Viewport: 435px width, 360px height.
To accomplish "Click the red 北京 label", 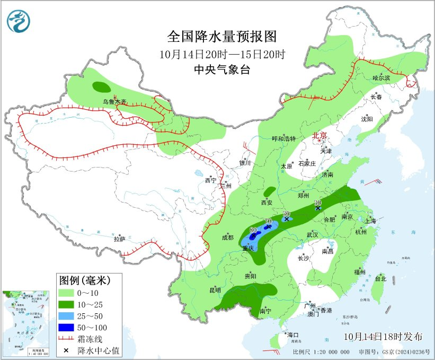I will (x=321, y=135).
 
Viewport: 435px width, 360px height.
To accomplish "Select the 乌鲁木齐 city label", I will (x=115, y=101).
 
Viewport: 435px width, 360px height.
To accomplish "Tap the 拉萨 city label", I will (x=119, y=239).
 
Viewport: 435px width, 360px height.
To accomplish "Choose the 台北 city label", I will (x=380, y=278).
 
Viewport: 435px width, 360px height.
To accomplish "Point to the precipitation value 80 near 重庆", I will (x=253, y=230).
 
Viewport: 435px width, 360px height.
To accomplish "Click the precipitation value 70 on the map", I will (x=268, y=221).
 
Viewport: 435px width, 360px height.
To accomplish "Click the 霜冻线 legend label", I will (x=92, y=339).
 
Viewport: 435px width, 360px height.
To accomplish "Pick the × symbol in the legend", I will (x=67, y=350).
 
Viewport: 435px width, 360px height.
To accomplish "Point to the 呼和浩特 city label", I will (x=283, y=138).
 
